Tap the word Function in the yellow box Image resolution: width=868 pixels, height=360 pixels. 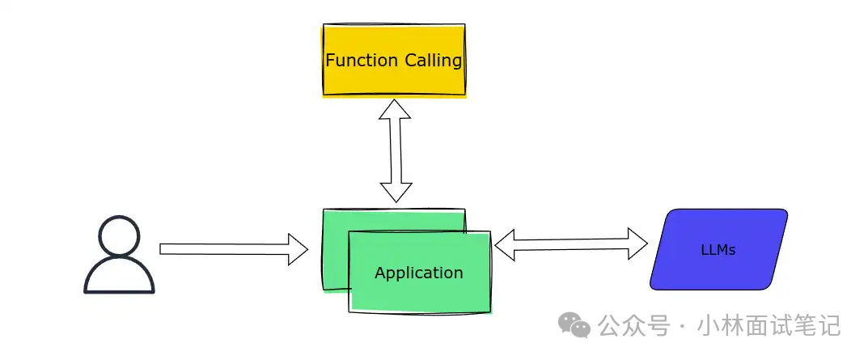pyautogui.click(x=362, y=61)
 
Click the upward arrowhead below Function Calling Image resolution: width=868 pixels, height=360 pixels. pyautogui.click(x=395, y=109)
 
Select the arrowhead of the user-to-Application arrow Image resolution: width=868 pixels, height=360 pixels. pyautogui.click(x=297, y=249)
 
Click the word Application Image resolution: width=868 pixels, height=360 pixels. pyautogui.click(x=418, y=273)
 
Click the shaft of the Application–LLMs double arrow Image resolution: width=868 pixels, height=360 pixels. pyautogui.click(x=571, y=244)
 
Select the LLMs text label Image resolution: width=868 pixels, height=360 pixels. pyautogui.click(x=718, y=250)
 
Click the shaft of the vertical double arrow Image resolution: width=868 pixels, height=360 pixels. pyautogui.click(x=396, y=150)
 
